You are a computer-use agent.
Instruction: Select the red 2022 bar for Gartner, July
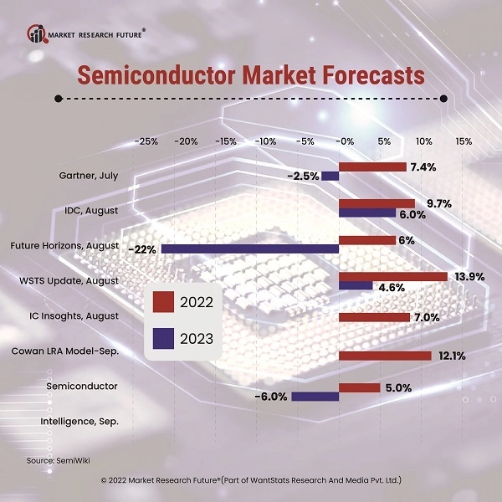(x=372, y=166)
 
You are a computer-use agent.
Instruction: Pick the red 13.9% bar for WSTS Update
(x=392, y=276)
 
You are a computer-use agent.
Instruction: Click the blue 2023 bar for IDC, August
(x=367, y=213)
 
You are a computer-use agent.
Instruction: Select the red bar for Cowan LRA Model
(x=385, y=356)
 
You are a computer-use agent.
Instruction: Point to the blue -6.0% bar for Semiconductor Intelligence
(x=315, y=396)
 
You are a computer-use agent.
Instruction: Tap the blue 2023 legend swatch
(x=163, y=338)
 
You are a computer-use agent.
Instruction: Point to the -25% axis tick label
(x=146, y=141)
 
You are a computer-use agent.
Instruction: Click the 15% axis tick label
(x=464, y=141)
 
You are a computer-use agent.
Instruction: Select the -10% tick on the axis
(x=265, y=141)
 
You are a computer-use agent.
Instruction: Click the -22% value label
(x=142, y=249)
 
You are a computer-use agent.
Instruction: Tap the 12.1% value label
(x=450, y=356)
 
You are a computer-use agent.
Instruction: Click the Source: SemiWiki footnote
(x=52, y=460)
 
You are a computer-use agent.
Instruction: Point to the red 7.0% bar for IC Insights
(x=374, y=317)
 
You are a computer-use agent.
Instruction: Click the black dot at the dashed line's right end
(x=443, y=98)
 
